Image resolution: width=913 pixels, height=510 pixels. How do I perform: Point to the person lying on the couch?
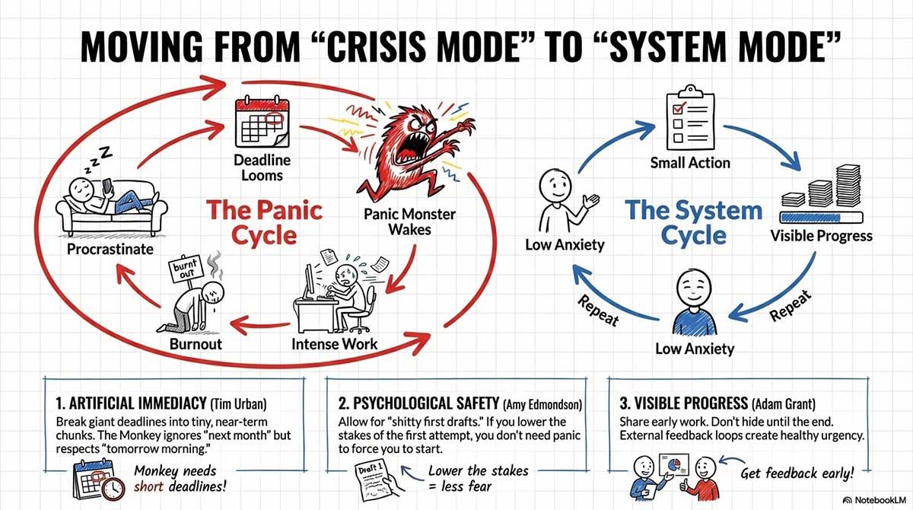click(107, 196)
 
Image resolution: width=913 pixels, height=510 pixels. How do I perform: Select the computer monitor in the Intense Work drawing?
click(307, 282)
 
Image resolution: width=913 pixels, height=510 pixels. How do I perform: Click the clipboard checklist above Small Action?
click(689, 120)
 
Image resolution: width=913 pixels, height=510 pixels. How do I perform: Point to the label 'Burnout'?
click(196, 343)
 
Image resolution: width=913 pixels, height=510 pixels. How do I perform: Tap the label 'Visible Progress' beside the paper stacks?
click(821, 235)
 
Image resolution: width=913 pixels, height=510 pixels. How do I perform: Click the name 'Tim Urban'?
click(252, 403)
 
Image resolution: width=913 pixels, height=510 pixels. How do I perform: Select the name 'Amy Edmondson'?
click(542, 403)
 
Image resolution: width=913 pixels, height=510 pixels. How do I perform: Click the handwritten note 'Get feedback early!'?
click(797, 473)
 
